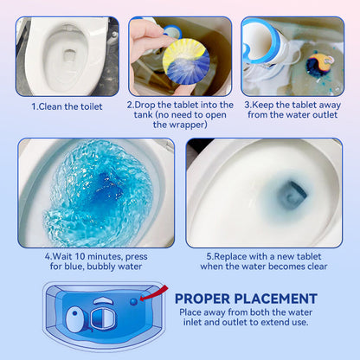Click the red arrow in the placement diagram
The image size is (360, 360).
click(x=153, y=293)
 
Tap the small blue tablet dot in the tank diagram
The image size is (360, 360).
click(x=133, y=301)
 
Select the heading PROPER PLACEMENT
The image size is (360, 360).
click(x=246, y=299)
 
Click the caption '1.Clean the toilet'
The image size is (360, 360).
click(x=67, y=106)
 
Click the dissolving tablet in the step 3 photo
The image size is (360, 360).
click(x=318, y=66)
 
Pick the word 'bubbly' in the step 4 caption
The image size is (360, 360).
click(x=101, y=267)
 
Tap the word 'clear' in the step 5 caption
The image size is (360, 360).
click(x=318, y=267)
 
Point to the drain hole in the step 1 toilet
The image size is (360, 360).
click(x=69, y=55)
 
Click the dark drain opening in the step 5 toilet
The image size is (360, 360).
click(x=292, y=195)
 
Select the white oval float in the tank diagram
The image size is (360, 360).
click(x=76, y=319)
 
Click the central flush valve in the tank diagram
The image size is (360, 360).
click(x=103, y=318)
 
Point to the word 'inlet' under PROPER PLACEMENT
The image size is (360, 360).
click(x=192, y=322)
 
